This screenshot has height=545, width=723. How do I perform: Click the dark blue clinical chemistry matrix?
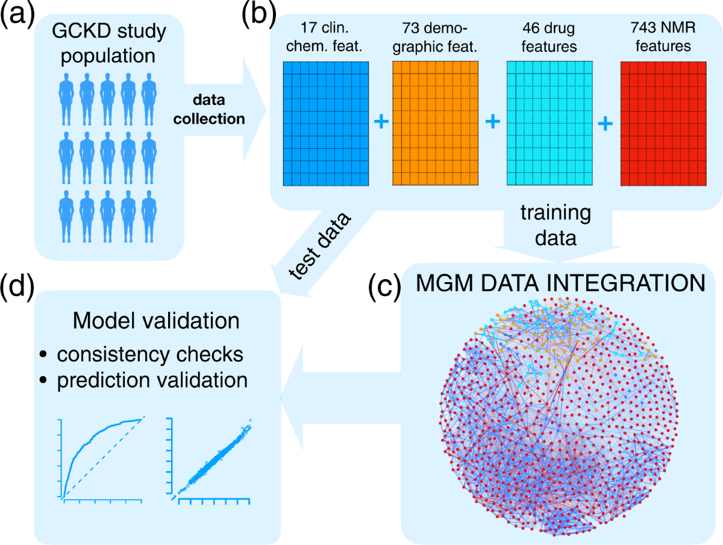tap(326, 123)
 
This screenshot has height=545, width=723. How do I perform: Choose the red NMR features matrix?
tap(663, 123)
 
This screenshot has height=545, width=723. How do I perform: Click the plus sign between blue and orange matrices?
tap(381, 122)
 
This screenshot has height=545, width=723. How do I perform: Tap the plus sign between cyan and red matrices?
tap(606, 122)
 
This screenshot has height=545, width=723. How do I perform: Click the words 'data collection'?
tap(209, 110)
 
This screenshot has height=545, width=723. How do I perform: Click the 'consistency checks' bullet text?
tap(150, 354)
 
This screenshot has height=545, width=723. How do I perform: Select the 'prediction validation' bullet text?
tap(152, 380)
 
